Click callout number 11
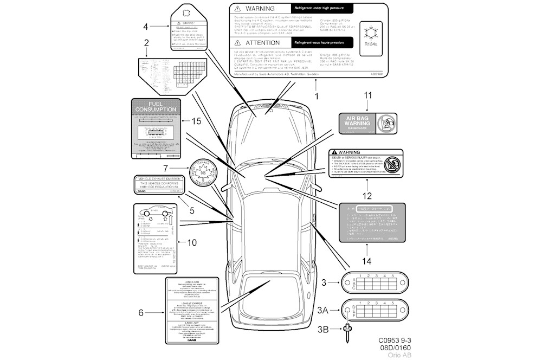pyautogui.click(x=368, y=95)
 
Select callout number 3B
pyautogui.click(x=322, y=329)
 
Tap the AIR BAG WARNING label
pyautogui.click(x=367, y=123)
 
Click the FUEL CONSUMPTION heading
pyautogui.click(x=156, y=106)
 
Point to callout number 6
pyautogui.click(x=141, y=312)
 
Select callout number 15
pyautogui.click(x=196, y=120)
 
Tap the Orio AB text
pyautogui.click(x=399, y=355)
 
